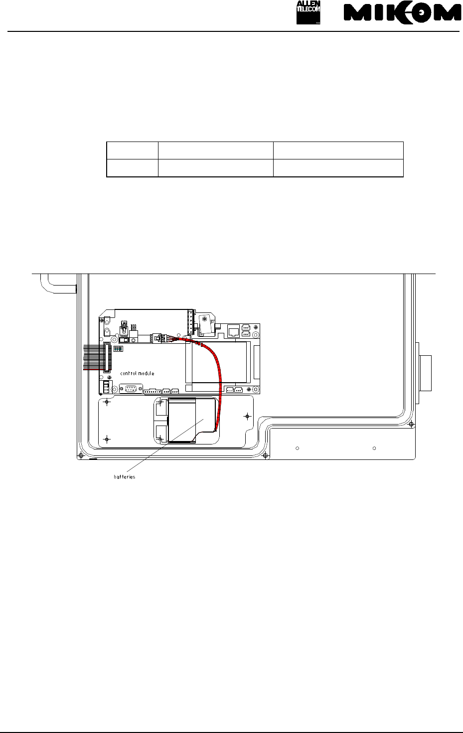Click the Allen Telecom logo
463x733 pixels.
click(308, 12)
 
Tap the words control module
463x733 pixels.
click(137, 373)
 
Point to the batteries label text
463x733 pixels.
click(124, 477)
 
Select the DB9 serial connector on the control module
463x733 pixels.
click(131, 389)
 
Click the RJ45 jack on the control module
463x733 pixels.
click(233, 331)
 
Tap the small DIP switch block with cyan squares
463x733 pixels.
click(118, 349)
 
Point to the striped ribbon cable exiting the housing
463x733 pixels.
click(94, 357)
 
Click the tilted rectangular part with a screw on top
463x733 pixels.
click(206, 324)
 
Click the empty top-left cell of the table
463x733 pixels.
click(132, 150)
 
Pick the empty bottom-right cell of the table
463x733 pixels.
click(338, 168)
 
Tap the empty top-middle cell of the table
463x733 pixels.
click(216, 150)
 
